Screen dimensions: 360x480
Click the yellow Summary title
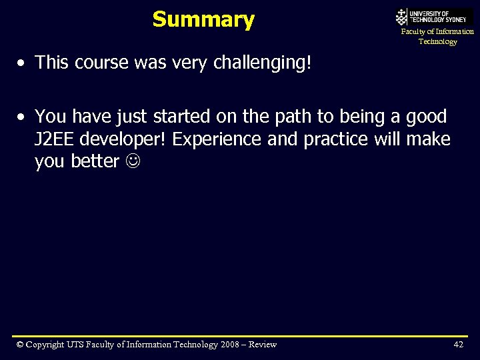(x=203, y=20)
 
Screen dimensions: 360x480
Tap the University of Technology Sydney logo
(x=434, y=16)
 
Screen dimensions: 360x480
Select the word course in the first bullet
(x=101, y=63)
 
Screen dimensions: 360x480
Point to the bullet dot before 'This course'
(x=22, y=63)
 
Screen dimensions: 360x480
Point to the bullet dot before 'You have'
(x=22, y=117)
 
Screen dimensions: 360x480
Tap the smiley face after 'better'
(x=131, y=162)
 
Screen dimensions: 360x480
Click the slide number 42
(x=458, y=344)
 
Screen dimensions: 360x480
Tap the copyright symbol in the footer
(x=21, y=344)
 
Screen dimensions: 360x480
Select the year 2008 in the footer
(x=229, y=344)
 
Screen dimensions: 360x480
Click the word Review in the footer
(x=261, y=344)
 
